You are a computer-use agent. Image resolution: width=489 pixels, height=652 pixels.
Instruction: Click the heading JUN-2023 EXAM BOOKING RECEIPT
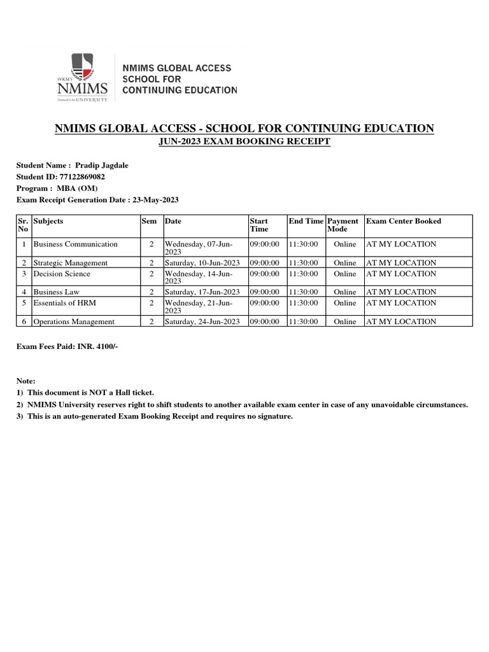point(244,141)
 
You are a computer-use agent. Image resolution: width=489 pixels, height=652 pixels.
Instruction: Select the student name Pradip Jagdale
point(102,166)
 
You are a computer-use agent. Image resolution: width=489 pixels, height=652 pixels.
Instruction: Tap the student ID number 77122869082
point(81,177)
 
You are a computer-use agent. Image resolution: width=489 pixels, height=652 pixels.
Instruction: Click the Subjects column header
point(48,222)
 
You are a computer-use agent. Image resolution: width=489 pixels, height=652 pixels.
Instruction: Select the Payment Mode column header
point(343,225)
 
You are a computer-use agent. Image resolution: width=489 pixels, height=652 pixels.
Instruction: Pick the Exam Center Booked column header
point(404,222)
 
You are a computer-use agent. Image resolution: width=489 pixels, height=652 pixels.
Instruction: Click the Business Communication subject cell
point(75,244)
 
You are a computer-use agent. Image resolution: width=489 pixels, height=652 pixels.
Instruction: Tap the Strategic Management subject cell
point(70,263)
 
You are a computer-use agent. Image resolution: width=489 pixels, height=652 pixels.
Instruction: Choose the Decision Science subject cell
point(62,274)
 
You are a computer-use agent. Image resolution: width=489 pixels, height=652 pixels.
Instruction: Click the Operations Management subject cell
point(74,322)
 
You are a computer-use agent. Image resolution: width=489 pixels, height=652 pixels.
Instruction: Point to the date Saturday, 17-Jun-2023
point(202,292)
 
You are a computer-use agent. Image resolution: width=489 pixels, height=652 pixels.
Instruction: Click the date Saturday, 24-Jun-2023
point(202,322)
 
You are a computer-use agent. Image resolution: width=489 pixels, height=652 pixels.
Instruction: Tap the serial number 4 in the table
point(24,292)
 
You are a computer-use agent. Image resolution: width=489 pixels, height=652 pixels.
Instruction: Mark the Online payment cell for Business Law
point(345,292)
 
